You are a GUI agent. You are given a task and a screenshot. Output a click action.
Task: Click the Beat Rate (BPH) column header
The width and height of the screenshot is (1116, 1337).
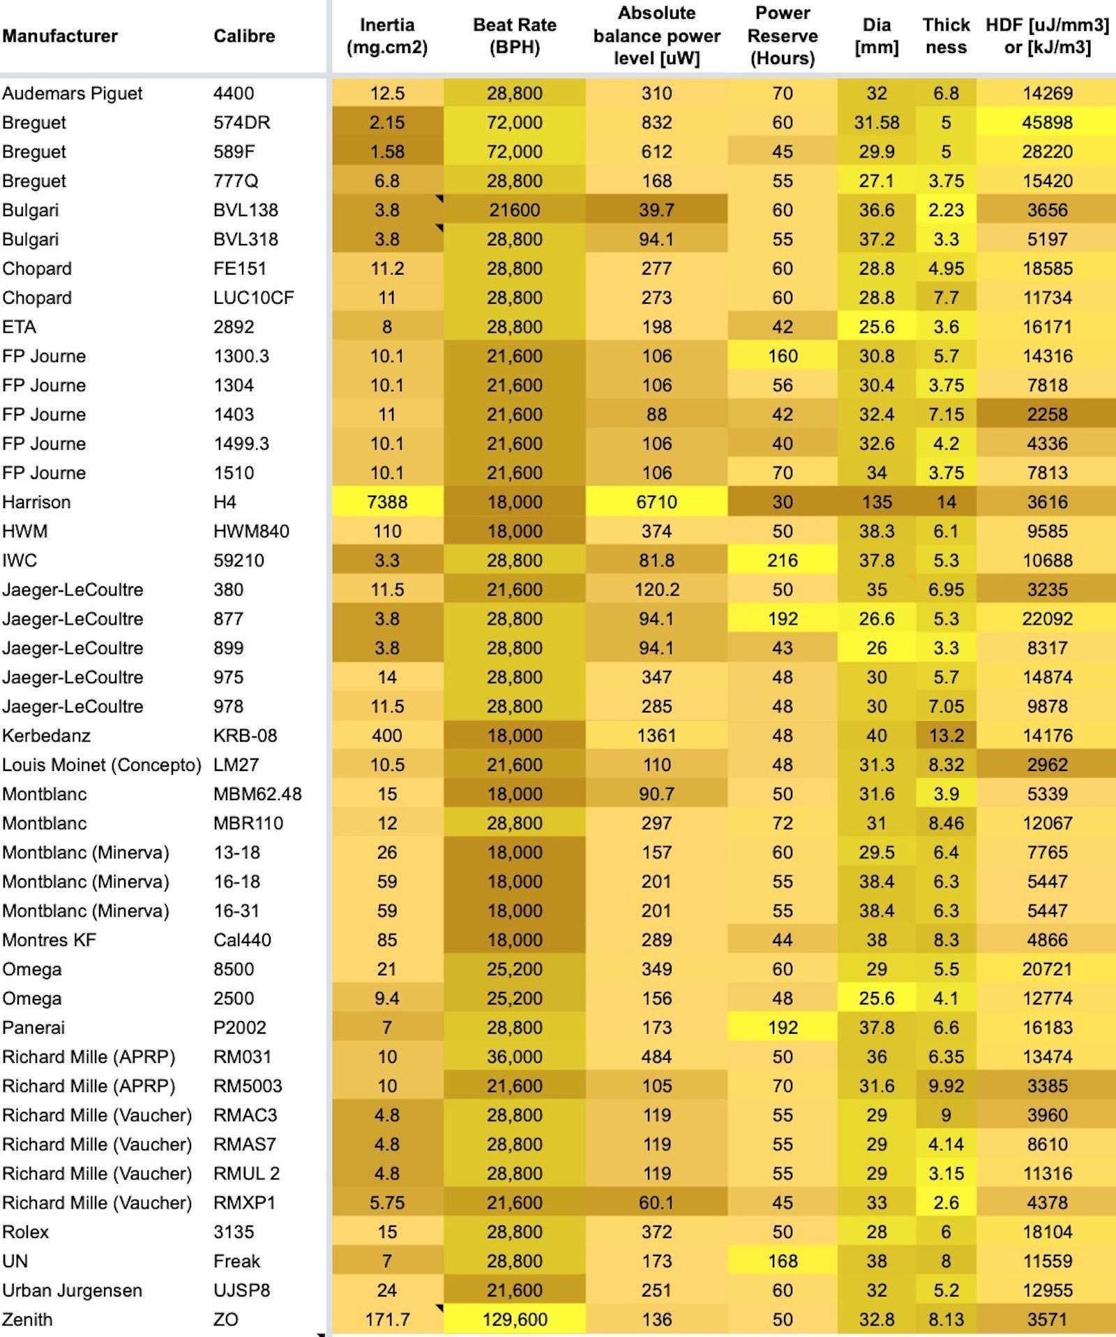click(x=514, y=36)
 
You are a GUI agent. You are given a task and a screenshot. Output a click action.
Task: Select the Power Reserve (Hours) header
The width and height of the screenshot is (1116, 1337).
click(x=782, y=36)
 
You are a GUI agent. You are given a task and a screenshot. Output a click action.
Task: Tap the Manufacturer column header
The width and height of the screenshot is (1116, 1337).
click(x=60, y=36)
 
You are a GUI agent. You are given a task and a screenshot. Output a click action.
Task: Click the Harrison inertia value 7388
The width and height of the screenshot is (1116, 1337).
click(x=387, y=502)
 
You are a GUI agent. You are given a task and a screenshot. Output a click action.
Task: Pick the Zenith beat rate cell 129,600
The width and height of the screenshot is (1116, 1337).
click(x=514, y=1319)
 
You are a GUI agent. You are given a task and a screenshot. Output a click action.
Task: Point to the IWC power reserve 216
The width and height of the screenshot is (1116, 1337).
click(x=782, y=560)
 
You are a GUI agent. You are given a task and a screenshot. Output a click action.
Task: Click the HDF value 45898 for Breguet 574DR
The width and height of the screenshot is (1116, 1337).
click(x=1047, y=123)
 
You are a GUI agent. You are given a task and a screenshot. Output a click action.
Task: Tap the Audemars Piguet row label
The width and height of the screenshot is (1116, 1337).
click(x=73, y=93)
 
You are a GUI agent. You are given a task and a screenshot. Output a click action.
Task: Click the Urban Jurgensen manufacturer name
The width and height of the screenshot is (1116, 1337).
click(x=72, y=1290)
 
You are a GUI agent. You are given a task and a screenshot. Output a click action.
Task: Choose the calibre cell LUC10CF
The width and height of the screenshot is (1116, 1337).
click(x=253, y=298)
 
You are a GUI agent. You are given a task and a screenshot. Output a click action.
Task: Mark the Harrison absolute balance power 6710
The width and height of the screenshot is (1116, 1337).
click(x=656, y=502)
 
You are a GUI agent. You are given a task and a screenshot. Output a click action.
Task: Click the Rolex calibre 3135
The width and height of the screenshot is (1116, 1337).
click(x=234, y=1231)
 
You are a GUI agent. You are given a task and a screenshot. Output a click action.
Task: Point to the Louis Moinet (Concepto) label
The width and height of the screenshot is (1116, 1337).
click(x=101, y=765)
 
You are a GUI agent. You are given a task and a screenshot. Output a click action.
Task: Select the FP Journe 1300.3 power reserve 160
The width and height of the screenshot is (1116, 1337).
click(x=782, y=356)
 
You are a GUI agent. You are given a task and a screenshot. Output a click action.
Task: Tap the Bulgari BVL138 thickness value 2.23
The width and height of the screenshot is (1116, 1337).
click(x=946, y=210)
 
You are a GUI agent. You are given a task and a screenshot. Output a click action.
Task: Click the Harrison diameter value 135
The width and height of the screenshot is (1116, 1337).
click(x=876, y=502)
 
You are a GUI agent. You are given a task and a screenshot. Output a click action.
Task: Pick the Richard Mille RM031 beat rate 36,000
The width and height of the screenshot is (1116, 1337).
click(x=514, y=1056)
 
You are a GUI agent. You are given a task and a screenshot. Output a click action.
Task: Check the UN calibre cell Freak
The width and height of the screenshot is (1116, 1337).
click(x=236, y=1260)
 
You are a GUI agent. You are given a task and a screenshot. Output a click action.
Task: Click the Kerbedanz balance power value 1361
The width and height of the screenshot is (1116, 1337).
click(x=656, y=735)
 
